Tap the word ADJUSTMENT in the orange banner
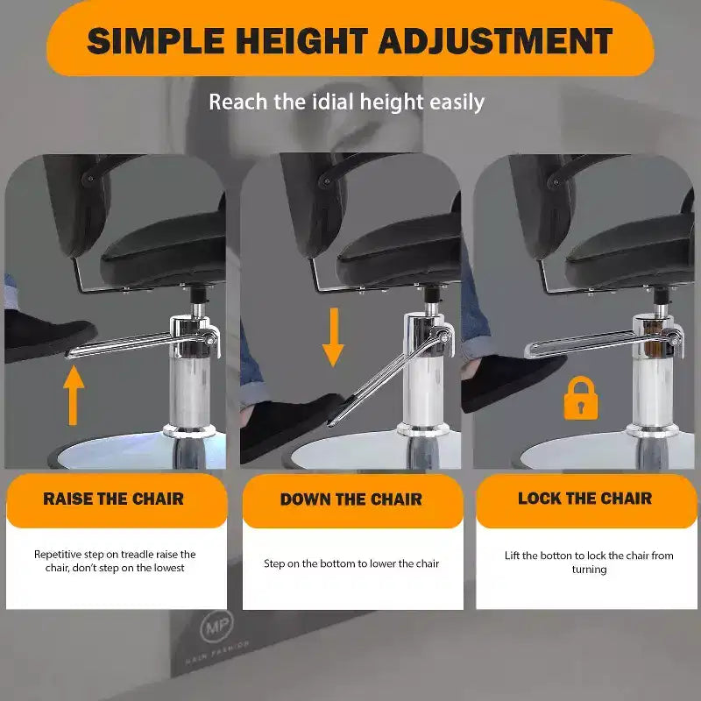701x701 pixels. point(496,40)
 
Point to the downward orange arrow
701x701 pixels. point(333,337)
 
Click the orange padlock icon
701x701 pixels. point(581,398)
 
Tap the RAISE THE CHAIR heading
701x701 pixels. point(114,499)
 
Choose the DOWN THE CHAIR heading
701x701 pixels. point(351,499)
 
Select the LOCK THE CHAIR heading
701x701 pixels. point(585,499)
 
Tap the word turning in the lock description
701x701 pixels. point(589,570)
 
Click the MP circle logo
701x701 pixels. point(216,627)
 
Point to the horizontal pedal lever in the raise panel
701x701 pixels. point(141,345)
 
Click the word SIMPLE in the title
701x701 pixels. point(156,40)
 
